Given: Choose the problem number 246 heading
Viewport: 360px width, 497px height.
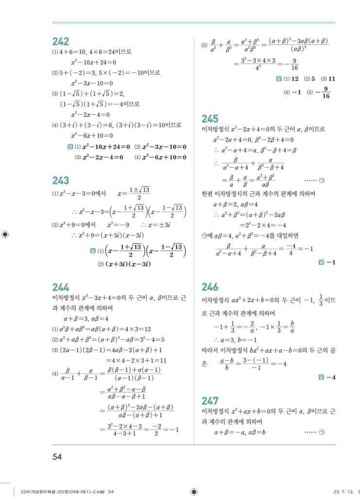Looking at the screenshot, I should [x=210, y=287].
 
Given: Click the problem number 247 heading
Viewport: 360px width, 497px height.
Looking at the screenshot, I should [x=210, y=400].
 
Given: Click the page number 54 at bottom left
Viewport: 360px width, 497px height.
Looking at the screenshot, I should [x=58, y=456].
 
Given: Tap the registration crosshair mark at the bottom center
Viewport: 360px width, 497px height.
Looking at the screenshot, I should [x=194, y=492].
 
